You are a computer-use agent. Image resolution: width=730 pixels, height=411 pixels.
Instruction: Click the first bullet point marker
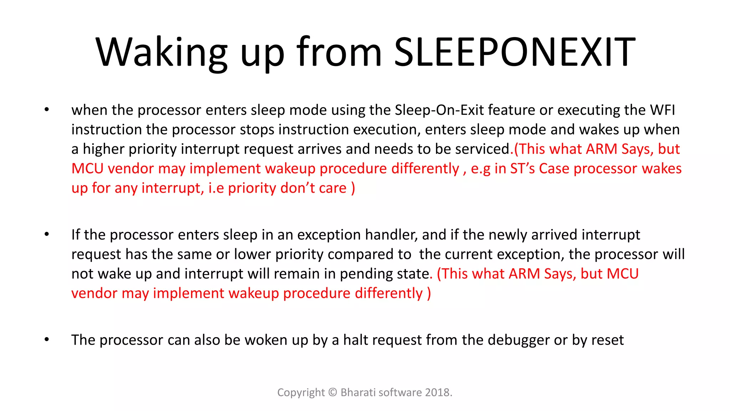(47, 110)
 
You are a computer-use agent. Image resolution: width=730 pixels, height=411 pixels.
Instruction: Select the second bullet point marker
(47, 234)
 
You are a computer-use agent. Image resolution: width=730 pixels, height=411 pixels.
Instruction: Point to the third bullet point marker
(47, 340)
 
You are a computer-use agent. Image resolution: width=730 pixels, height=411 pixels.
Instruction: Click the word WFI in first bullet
(662, 110)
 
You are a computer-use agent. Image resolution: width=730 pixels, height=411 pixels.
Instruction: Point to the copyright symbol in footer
(333, 392)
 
